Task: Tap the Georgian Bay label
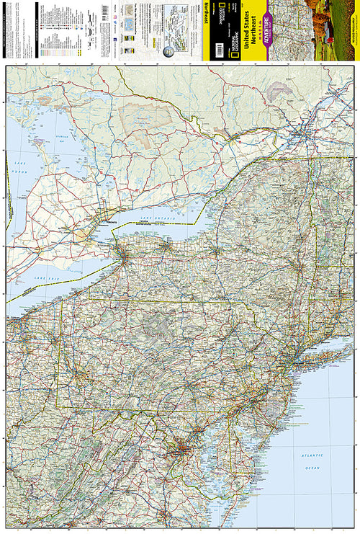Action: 45,143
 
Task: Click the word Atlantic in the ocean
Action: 311,456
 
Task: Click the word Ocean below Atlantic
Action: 311,468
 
